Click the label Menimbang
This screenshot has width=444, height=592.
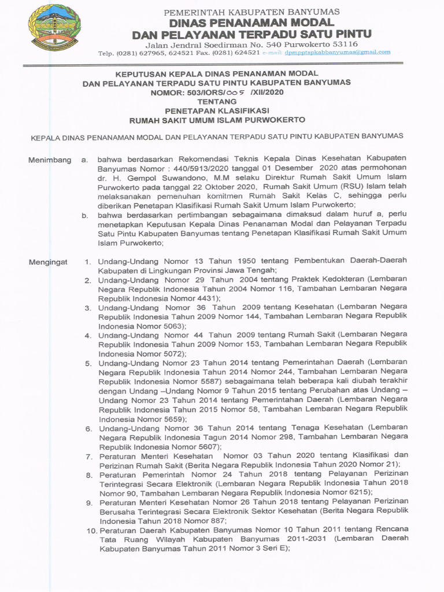click(x=50, y=160)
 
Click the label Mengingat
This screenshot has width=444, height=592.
click(x=48, y=262)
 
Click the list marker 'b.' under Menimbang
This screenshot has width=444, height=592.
click(x=85, y=215)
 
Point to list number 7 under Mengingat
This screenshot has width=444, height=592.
click(x=89, y=456)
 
